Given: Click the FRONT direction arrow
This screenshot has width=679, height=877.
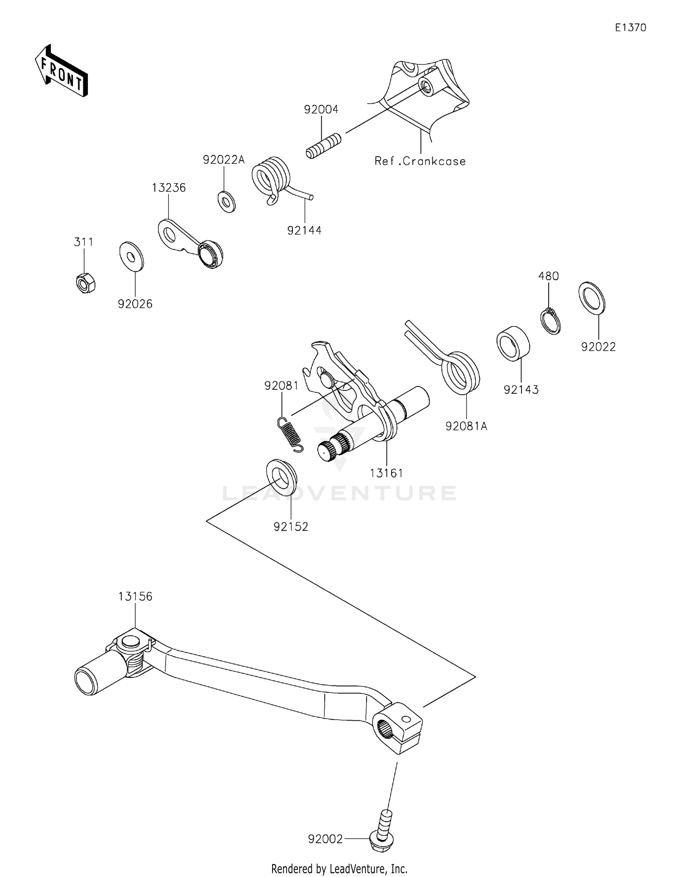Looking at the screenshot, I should click(61, 71).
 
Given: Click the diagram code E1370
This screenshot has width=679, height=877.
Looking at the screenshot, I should click(630, 28).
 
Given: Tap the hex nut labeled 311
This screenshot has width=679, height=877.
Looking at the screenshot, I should click(85, 283).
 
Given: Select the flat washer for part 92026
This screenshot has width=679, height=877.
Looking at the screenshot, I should click(131, 257).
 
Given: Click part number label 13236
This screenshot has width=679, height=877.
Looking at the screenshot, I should click(168, 188).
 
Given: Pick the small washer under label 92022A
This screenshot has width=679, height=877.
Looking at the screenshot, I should click(226, 202).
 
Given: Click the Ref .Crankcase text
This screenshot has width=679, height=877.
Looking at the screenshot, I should click(420, 161).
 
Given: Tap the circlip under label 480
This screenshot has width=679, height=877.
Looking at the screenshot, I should click(551, 321).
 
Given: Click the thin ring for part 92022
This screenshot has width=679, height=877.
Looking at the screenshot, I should click(592, 297).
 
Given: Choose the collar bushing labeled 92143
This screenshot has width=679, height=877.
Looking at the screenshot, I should click(513, 343).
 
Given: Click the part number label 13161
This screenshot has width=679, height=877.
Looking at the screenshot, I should click(386, 473).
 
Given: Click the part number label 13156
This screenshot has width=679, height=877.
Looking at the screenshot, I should click(135, 596).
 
